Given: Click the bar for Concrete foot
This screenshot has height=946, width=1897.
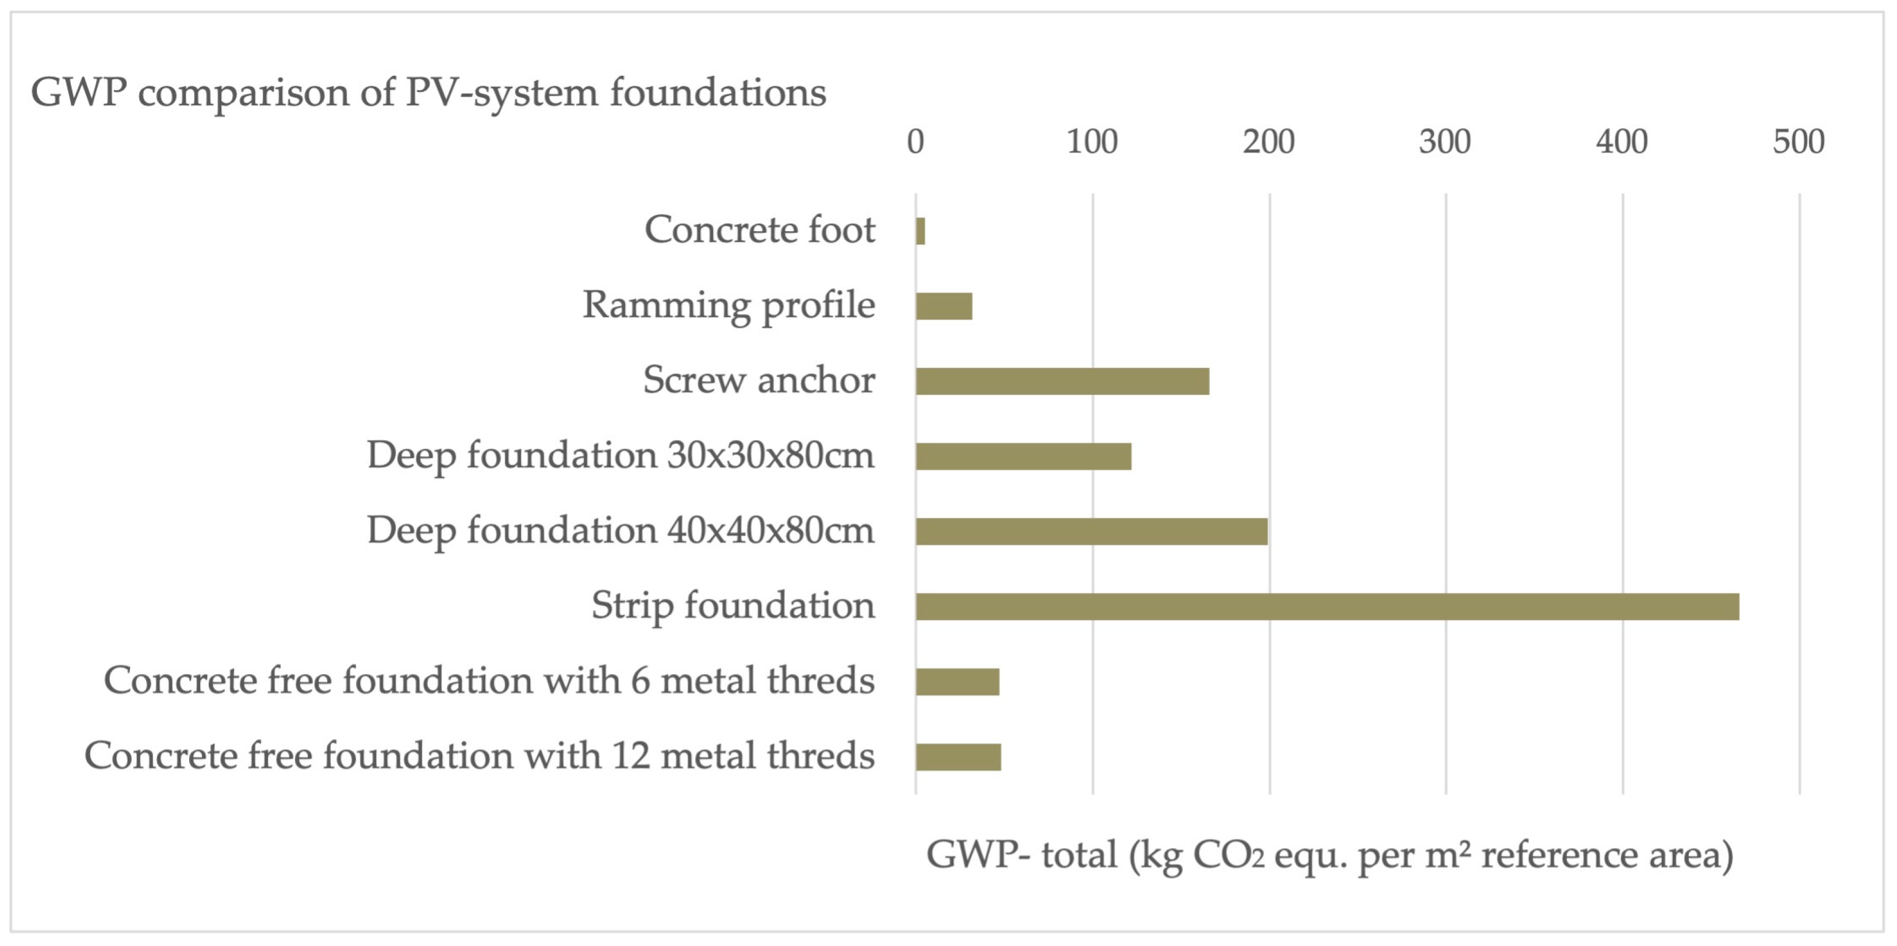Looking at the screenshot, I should coord(921,231).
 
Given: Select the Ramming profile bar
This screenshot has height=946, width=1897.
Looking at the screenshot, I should coord(944,306).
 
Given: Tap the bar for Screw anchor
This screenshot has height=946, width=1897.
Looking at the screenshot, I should coord(1062,382).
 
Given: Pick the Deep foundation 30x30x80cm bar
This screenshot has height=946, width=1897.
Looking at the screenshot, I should coord(1024,456).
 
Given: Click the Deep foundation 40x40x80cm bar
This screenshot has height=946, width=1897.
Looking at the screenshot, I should coord(1091,532).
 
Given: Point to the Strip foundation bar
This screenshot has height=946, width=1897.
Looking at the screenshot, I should coord(1327,606).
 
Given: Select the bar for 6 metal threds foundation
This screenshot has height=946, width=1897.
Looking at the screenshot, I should coord(957,682).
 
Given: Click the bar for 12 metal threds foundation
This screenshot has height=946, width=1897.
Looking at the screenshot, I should coord(958,757).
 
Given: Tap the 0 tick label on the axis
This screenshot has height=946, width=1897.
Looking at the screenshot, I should coord(915,141).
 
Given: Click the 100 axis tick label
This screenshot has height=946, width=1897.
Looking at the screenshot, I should coord(1092,141).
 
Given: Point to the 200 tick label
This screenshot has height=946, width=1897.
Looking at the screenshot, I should coord(1269,141).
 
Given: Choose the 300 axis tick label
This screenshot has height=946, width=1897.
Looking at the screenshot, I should coord(1445,141).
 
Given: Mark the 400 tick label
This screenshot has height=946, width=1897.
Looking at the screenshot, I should coord(1622,141).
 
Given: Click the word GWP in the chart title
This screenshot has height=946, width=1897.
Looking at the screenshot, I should coord(78,93).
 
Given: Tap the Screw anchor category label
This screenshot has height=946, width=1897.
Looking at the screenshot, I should coord(758,380).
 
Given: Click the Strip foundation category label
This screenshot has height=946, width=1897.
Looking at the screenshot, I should coord(733,605).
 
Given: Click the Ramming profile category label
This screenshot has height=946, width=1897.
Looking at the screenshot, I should coord(729,305).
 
